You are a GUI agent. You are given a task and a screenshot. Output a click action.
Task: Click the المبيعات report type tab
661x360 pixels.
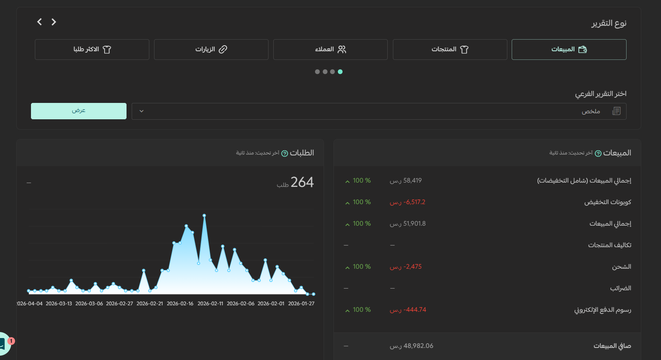(x=569, y=50)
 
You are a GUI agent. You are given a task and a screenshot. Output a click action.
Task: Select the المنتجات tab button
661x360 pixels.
(x=450, y=50)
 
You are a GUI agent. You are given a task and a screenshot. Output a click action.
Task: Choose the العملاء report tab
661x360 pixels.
(x=330, y=50)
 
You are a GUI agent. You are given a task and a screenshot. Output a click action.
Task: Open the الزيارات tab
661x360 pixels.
(x=211, y=50)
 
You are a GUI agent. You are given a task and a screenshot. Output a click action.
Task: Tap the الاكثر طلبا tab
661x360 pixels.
(x=92, y=50)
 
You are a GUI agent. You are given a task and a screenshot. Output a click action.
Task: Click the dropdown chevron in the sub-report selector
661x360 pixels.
(x=141, y=112)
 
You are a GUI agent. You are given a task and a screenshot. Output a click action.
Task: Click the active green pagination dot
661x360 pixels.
(x=340, y=72)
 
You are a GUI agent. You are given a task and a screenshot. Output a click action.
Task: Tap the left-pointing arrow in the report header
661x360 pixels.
(x=39, y=22)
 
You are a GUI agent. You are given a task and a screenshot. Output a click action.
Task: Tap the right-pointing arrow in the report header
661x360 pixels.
(x=54, y=22)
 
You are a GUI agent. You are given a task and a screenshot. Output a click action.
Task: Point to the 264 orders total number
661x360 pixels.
(x=302, y=182)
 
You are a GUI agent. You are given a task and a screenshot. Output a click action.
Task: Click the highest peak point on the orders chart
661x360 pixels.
(x=204, y=216)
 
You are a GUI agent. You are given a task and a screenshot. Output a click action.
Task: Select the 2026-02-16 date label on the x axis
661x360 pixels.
(x=180, y=304)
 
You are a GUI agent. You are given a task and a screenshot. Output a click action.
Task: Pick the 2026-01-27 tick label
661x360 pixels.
(x=301, y=304)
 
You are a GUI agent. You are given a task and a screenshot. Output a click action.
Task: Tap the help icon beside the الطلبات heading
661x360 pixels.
(x=284, y=154)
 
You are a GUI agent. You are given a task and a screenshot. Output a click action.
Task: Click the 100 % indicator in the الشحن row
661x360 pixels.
(x=358, y=267)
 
